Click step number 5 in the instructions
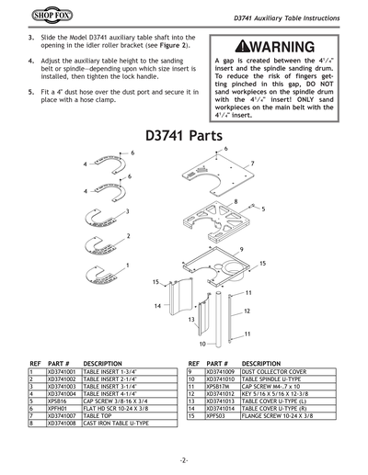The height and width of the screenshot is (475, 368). (33, 94)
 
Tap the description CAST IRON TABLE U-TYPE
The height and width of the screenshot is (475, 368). (116, 424)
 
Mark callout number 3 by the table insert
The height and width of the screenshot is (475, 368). (127, 212)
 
